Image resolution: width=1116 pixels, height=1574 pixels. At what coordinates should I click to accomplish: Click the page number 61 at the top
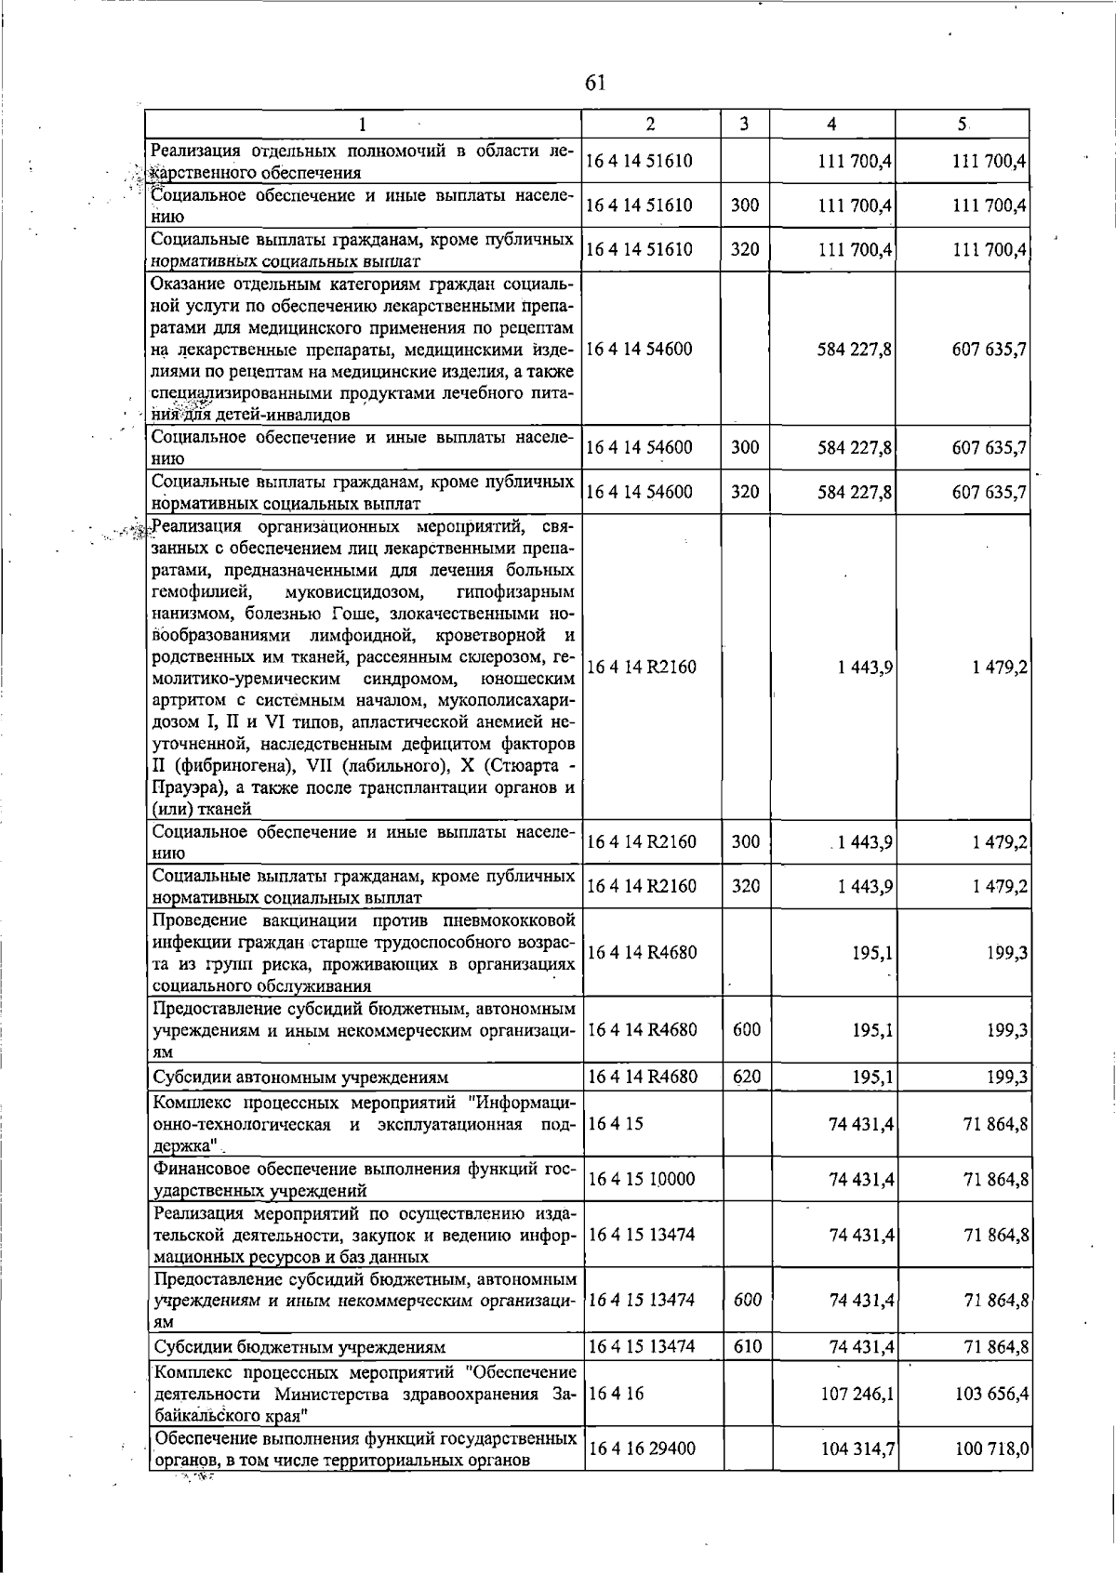point(595,83)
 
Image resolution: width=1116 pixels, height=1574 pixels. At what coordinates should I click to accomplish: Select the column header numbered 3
point(745,124)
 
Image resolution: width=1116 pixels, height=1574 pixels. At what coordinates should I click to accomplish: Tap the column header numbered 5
point(963,124)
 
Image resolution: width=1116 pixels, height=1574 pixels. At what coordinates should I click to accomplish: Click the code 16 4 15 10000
point(642,1179)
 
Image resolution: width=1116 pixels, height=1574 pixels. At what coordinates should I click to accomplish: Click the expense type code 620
point(746,1077)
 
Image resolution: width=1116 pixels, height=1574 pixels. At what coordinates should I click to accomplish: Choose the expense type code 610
point(746,1346)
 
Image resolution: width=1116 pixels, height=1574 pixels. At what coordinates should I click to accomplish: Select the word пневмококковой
point(503,920)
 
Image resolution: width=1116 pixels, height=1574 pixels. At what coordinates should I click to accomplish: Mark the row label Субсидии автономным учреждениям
point(300,1078)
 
